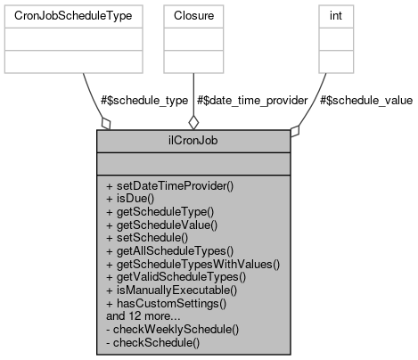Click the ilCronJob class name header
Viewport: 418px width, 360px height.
[x=193, y=140]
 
